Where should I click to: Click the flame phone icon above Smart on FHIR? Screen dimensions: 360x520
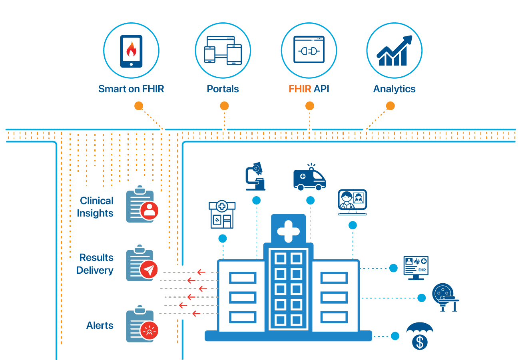pos(131,51)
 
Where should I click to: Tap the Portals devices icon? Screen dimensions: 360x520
pos(223,50)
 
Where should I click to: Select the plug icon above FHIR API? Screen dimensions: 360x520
pos(309,50)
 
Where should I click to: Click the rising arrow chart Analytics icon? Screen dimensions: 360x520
pos(394,51)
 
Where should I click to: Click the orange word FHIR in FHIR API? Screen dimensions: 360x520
pos(300,89)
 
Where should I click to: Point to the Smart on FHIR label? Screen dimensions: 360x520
pos(131,89)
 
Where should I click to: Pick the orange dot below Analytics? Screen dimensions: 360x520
pos(390,106)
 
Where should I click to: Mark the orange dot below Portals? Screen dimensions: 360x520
pos(224,106)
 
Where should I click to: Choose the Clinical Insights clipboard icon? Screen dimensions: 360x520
pos(140,204)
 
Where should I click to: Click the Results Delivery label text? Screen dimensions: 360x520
pos(95,264)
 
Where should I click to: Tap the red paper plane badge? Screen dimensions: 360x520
pos(149,270)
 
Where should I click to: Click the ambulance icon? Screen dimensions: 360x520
pos(309,178)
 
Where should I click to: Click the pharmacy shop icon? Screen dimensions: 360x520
pos(222,215)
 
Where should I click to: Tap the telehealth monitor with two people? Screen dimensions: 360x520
pos(352,201)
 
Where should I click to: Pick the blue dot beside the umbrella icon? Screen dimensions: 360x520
pos(395,336)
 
